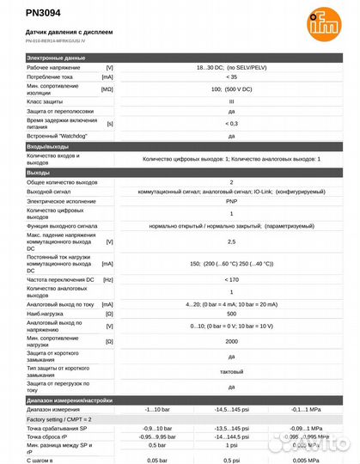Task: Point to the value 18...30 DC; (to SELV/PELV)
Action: (x=230, y=67)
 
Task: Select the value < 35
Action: (x=230, y=77)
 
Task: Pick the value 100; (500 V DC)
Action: (x=230, y=89)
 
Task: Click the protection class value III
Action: (x=230, y=101)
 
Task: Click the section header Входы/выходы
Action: (x=47, y=148)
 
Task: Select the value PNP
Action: (x=230, y=201)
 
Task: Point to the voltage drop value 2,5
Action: (x=230, y=242)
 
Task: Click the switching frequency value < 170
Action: (x=230, y=279)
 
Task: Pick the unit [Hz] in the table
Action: (x=108, y=279)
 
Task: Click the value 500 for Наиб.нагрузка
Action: (x=230, y=314)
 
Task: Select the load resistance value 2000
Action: (x=230, y=341)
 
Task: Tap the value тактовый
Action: (x=230, y=371)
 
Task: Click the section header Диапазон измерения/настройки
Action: (x=70, y=400)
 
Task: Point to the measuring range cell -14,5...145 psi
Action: (x=230, y=410)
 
